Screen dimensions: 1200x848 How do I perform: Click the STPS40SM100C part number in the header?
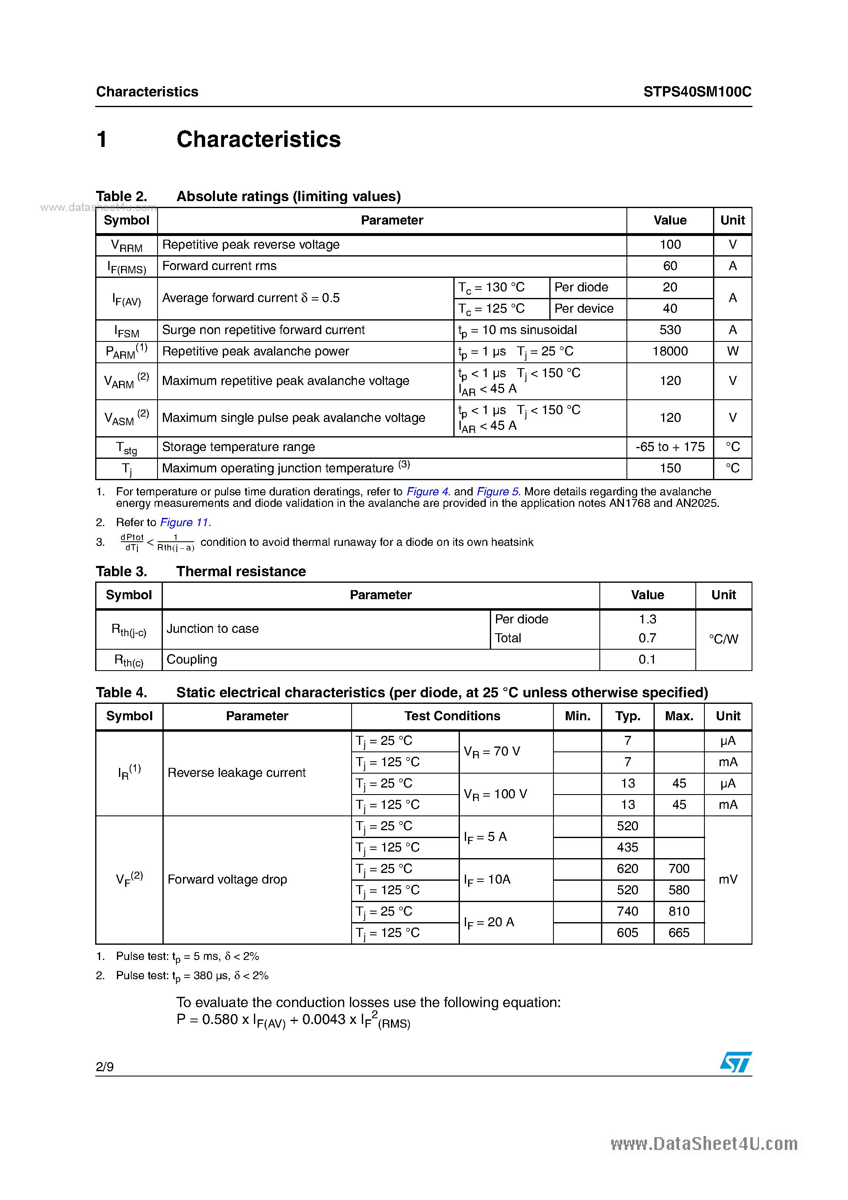pyautogui.click(x=697, y=92)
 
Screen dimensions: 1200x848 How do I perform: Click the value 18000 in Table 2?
pyautogui.click(x=670, y=351)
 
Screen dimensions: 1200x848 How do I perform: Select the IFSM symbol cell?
pyautogui.click(x=126, y=331)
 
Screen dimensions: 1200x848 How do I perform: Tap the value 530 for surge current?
pyautogui.click(x=670, y=330)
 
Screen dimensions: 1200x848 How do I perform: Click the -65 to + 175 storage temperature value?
pyautogui.click(x=670, y=447)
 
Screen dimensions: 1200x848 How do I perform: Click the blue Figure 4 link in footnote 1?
pyautogui.click(x=428, y=491)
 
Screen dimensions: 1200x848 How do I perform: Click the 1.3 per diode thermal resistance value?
pyautogui.click(x=647, y=619)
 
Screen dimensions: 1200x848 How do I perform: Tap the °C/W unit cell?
pyautogui.click(x=723, y=639)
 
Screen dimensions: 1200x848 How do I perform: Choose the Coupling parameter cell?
pyautogui.click(x=192, y=660)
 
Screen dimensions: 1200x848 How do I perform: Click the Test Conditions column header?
pyautogui.click(x=452, y=716)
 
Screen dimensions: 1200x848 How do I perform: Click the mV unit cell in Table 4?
pyautogui.click(x=727, y=879)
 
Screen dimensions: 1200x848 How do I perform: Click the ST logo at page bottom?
pyautogui.click(x=735, y=1062)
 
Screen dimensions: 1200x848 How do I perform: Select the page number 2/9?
pyautogui.click(x=105, y=1067)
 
